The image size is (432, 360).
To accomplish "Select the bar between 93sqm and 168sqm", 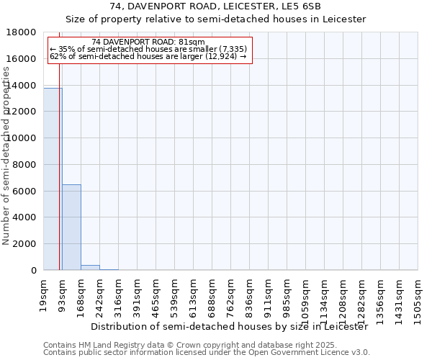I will click(71, 227).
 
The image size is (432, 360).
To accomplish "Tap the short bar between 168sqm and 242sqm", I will click(90, 267).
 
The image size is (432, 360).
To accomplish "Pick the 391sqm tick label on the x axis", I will click(138, 296).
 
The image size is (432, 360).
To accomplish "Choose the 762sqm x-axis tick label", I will click(231, 296).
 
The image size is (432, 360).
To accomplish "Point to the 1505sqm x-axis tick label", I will click(418, 299).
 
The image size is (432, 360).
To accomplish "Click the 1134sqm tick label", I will click(325, 299).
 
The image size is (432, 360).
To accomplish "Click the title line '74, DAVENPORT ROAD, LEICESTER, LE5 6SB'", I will click(216, 6).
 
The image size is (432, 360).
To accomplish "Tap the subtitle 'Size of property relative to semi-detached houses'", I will click(216, 19).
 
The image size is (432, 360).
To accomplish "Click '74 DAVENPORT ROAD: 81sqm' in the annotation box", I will click(148, 42).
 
